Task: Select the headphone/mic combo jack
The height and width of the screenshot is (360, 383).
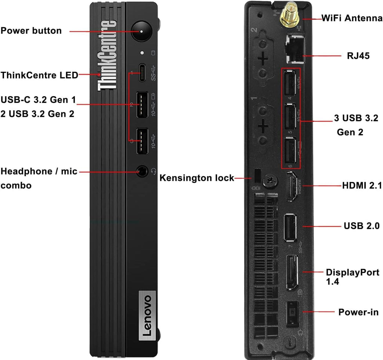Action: point(142,172)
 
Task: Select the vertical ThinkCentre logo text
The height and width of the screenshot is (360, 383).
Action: point(106,56)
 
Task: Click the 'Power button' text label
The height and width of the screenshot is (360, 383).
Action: point(31,31)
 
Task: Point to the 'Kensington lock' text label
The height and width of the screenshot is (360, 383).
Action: point(197,178)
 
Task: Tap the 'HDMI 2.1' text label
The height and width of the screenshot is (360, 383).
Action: point(362,185)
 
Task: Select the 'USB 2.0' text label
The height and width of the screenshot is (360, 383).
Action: point(361,226)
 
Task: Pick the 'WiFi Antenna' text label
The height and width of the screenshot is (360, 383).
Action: point(352,18)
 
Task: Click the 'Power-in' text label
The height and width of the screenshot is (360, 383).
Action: point(358,312)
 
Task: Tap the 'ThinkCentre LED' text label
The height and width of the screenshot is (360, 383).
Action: point(39,75)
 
